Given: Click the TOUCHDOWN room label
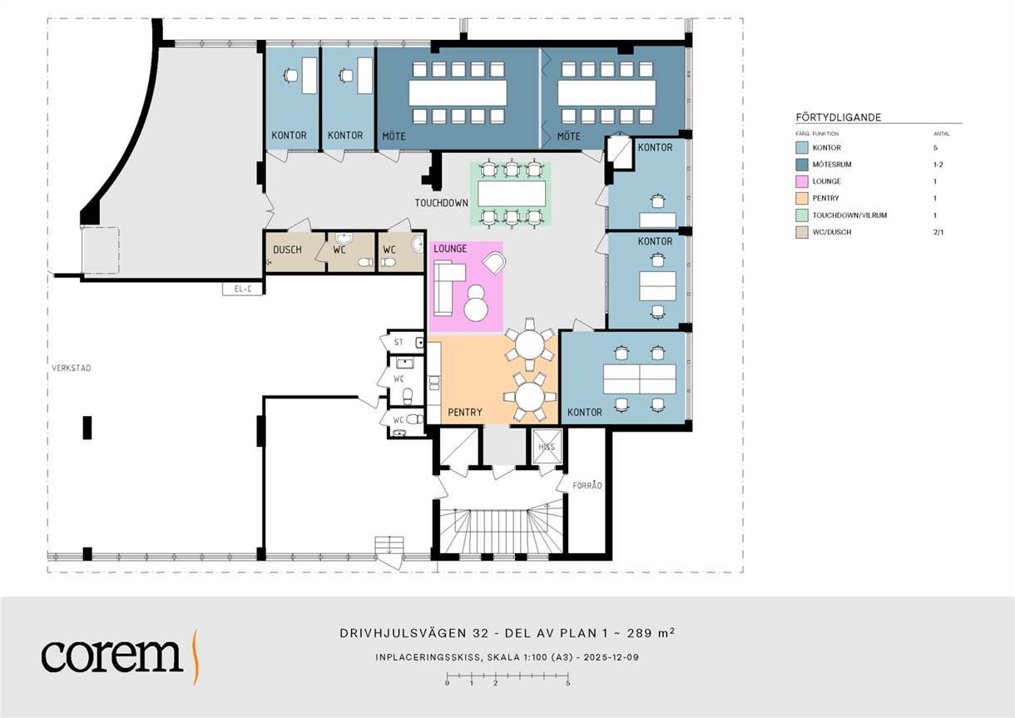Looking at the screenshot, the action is (441, 203).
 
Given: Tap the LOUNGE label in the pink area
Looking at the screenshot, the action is (450, 249).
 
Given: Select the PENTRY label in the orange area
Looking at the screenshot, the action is (465, 412).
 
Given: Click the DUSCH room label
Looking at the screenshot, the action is (287, 250).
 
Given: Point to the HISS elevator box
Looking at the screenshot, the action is (547, 447).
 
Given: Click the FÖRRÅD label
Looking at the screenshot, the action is (587, 486).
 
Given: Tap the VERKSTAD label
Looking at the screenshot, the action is (72, 368).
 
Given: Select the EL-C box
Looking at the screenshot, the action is (242, 289).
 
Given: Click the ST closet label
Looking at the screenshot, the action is (399, 342).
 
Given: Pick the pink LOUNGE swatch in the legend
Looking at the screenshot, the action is (801, 181).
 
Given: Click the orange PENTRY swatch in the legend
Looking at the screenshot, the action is (801, 198).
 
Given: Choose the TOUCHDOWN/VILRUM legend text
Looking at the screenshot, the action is (849, 215).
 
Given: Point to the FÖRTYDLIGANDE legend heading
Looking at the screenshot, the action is (839, 117).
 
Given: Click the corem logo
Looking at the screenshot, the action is (120, 656).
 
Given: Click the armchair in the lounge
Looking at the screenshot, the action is (494, 262).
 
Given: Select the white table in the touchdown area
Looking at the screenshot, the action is (512, 194).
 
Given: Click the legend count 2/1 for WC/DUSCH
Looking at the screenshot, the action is (938, 232).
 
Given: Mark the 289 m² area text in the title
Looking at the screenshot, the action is (651, 632).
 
